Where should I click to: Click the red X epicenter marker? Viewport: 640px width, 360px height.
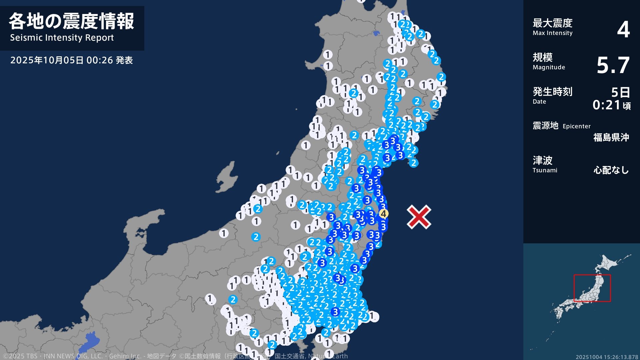click(419, 217)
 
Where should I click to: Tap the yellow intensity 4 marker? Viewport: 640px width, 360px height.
click(383, 213)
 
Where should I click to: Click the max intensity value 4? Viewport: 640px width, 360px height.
click(623, 29)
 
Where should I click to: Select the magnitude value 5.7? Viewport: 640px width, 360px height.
click(613, 65)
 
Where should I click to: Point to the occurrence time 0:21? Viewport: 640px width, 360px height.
click(606, 105)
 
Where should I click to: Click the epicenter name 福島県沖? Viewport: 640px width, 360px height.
click(611, 137)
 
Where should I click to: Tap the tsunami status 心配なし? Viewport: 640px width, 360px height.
click(611, 170)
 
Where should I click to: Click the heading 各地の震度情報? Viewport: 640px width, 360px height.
click(71, 21)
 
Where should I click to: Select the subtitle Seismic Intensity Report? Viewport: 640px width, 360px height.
click(62, 38)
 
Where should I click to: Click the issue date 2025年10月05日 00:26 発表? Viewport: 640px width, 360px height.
click(71, 60)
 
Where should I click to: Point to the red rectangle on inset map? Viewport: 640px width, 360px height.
click(592, 288)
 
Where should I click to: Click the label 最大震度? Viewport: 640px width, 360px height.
click(552, 23)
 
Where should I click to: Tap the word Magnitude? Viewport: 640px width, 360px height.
click(549, 67)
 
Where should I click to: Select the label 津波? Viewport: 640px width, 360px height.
click(542, 160)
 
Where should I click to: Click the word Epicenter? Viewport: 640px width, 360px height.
click(576, 126)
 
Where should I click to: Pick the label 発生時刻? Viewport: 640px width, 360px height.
click(552, 91)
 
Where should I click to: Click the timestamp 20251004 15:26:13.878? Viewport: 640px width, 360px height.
click(607, 357)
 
